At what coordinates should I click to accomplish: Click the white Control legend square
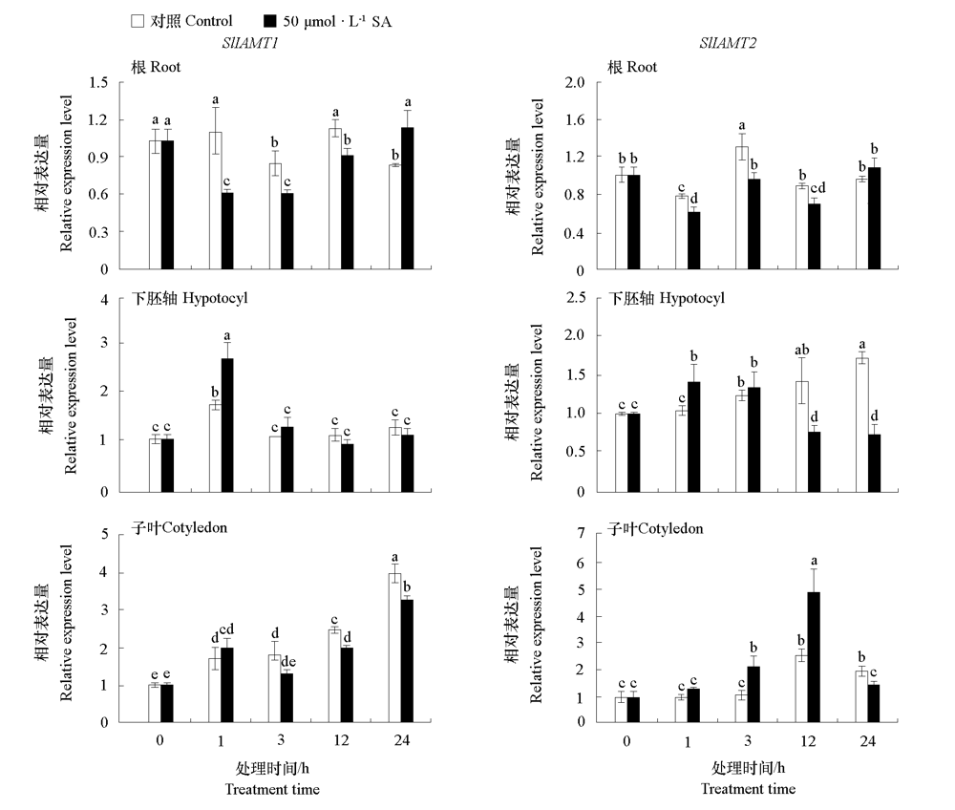[137, 20]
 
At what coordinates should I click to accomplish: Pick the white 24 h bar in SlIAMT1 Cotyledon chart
[395, 648]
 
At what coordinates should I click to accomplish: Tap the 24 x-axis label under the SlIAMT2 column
[867, 742]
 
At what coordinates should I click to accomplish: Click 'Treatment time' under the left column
[272, 789]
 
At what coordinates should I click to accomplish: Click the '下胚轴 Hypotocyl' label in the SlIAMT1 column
[191, 298]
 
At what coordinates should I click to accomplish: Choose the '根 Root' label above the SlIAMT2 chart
[633, 67]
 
